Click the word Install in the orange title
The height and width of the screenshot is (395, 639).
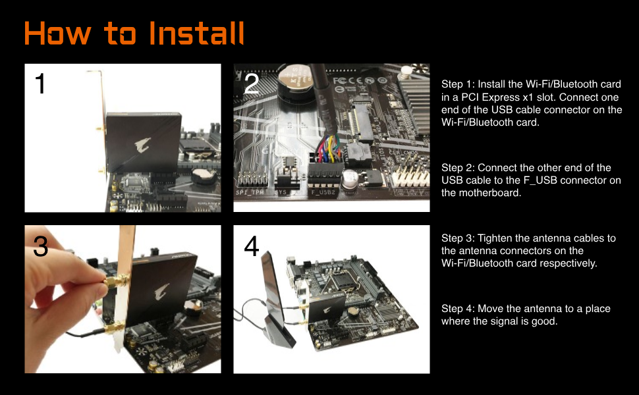[x=196, y=33]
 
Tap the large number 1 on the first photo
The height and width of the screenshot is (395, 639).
[x=40, y=84]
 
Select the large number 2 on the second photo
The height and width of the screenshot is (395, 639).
[x=251, y=84]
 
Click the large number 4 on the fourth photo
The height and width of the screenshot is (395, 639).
[x=251, y=246]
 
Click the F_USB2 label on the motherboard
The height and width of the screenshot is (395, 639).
[x=323, y=192]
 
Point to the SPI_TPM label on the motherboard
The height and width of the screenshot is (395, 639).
[x=250, y=192]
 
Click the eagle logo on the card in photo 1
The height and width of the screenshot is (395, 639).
[x=143, y=145]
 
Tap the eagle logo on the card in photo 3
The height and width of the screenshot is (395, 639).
[x=161, y=292]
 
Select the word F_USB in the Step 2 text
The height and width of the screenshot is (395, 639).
[x=540, y=180]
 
